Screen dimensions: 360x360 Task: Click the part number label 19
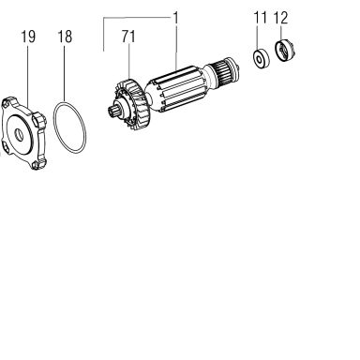pos(28,37)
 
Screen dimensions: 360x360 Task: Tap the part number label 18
pos(65,37)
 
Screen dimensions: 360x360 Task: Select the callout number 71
pos(128,37)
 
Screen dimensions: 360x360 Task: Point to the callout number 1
pos(175,18)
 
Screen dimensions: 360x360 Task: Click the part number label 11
pos(261,18)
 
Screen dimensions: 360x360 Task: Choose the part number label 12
pos(280,18)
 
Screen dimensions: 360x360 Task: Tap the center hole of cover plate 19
pos(20,135)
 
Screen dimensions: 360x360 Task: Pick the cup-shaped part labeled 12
pos(284,52)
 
